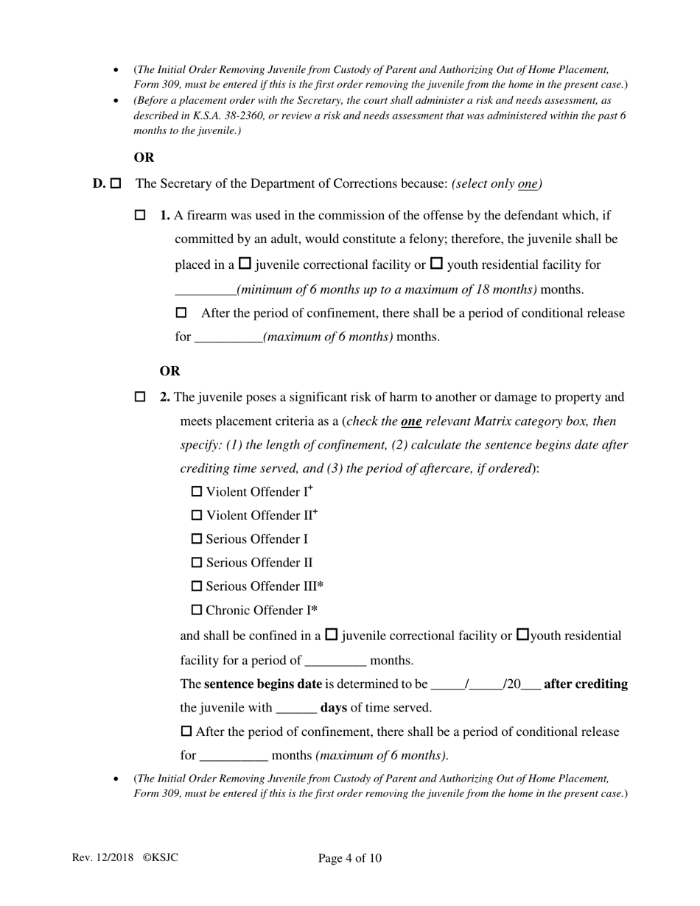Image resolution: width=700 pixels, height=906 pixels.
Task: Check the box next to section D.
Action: point(116,183)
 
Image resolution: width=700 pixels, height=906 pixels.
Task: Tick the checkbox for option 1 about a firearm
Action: point(141,216)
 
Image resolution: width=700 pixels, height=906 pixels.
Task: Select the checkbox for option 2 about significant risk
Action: point(141,397)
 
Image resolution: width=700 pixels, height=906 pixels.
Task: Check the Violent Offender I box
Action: point(197,491)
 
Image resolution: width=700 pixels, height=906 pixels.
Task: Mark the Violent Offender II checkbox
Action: point(197,515)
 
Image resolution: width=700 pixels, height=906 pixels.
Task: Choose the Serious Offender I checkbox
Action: point(197,539)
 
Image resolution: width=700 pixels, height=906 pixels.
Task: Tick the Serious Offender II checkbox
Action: point(197,563)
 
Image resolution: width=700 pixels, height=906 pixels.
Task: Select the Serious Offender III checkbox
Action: point(197,586)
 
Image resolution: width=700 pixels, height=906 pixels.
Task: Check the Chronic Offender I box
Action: point(197,610)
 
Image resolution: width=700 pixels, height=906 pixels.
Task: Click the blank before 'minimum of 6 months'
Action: point(205,289)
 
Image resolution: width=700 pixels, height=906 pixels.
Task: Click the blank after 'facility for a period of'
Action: point(335,660)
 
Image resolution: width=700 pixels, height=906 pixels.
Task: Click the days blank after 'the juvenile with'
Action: point(296,708)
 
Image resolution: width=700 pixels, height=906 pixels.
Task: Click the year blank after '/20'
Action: point(531,684)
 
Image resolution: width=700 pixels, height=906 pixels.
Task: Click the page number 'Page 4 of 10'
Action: point(350,858)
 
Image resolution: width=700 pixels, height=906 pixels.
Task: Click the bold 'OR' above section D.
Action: point(144,158)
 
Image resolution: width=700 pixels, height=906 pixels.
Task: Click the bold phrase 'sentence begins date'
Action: point(263,684)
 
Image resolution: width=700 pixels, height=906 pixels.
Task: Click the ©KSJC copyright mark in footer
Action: point(160,857)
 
